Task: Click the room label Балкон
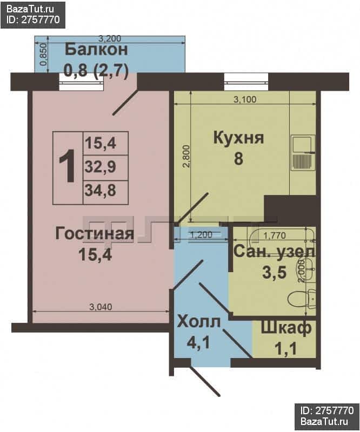[96, 50]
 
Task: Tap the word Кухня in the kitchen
[238, 138]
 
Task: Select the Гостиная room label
[95, 234]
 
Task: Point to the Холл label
[199, 322]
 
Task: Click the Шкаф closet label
[286, 328]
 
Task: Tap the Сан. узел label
[275, 251]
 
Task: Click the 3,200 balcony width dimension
[110, 39]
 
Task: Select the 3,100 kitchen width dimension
[245, 99]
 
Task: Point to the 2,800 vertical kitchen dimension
[187, 157]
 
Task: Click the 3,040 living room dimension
[101, 307]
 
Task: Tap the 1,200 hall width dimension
[202, 235]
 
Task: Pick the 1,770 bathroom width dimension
[275, 235]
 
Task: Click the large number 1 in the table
[68, 166]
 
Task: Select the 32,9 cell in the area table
[101, 167]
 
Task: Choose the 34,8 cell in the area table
[101, 191]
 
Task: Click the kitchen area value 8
[238, 159]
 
